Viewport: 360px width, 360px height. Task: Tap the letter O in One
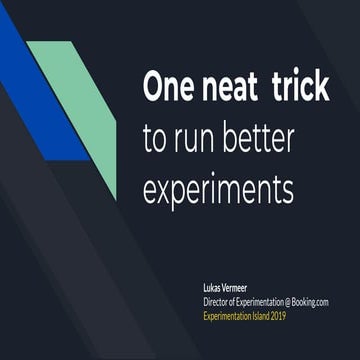coord(154,87)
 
